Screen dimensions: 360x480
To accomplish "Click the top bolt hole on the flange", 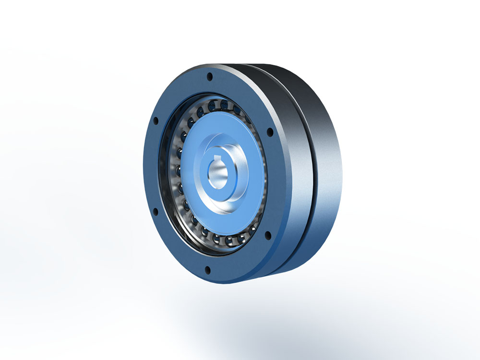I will coord(209,76).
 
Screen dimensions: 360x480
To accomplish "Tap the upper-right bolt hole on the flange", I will coord(270,131).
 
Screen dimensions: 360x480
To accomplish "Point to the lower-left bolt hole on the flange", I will coord(155,210).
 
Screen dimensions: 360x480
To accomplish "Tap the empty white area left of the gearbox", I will coord(72,168).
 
